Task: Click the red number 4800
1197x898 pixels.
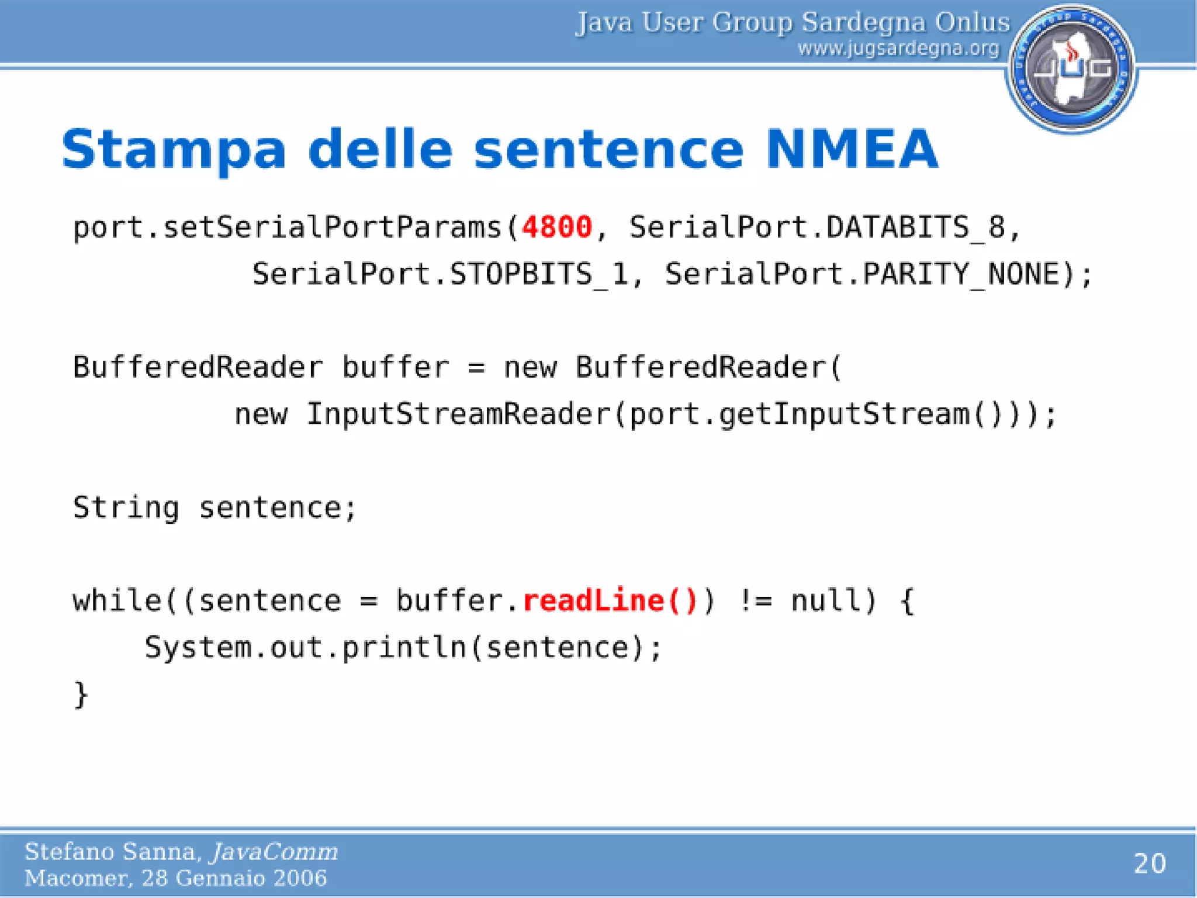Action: click(556, 227)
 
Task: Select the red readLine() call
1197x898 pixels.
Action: click(610, 601)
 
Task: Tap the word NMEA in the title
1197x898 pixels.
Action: click(852, 150)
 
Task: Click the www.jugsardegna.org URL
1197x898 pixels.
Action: click(898, 49)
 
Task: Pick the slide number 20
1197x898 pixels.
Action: click(1149, 864)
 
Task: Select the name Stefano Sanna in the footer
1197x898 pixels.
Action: click(113, 852)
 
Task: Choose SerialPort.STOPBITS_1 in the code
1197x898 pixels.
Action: click(440, 274)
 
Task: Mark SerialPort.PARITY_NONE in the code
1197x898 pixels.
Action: click(862, 274)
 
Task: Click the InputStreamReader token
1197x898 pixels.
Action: click(458, 414)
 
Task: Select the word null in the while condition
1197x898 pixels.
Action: click(825, 601)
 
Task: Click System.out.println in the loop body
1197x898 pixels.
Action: click(305, 648)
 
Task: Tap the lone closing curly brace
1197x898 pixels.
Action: click(81, 695)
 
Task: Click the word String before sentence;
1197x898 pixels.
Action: click(126, 507)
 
